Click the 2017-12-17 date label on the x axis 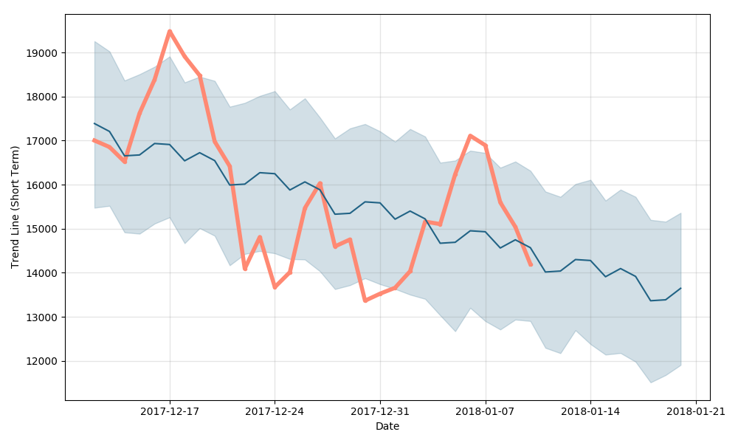[170, 412]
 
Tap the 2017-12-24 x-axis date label [275, 412]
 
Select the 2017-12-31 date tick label [380, 412]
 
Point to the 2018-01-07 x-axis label [486, 412]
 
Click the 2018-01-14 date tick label [590, 412]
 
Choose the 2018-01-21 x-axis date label [696, 412]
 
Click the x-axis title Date [387, 427]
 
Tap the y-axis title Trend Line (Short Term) [15, 207]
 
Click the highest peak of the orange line [170, 31]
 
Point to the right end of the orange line [531, 264]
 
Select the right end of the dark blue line [680, 288]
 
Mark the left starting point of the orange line [94, 140]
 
